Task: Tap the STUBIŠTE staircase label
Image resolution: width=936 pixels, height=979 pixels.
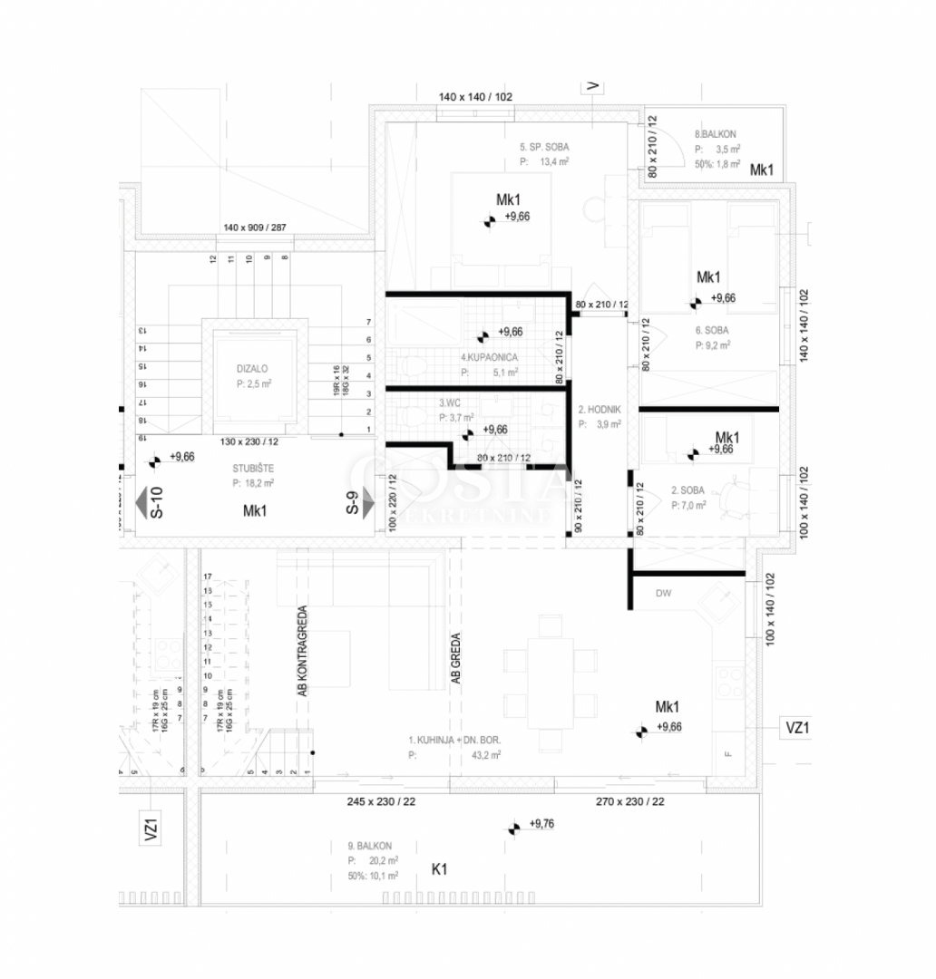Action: pyautogui.click(x=253, y=469)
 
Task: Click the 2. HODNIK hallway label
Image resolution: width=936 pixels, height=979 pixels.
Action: pyautogui.click(x=600, y=410)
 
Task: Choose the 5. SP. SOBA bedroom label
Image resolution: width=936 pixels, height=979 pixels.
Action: pyautogui.click(x=544, y=147)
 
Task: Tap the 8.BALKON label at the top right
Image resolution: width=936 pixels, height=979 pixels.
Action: pyautogui.click(x=716, y=133)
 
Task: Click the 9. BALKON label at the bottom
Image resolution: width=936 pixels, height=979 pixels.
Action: pyautogui.click(x=368, y=846)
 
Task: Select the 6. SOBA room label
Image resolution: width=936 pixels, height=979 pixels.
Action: pyautogui.click(x=712, y=331)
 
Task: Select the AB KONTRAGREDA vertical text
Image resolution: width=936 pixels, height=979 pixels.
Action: pyautogui.click(x=302, y=650)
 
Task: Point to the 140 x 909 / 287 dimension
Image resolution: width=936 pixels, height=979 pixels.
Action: pyautogui.click(x=255, y=228)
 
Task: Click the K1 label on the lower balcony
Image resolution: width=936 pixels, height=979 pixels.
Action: pyautogui.click(x=440, y=869)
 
